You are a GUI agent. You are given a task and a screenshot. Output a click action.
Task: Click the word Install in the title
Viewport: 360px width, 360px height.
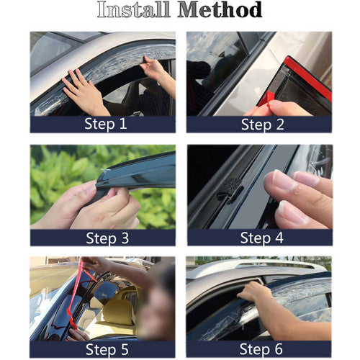[134, 9]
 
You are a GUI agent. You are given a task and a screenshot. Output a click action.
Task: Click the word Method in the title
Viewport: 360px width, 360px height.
[220, 9]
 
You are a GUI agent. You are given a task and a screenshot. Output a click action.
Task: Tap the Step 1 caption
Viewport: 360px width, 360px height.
[106, 124]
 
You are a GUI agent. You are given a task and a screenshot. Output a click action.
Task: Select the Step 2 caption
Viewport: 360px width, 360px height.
[262, 125]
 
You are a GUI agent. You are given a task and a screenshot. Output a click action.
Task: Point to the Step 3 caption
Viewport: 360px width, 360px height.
[107, 238]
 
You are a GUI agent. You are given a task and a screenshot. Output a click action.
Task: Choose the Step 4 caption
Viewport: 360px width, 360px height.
[262, 238]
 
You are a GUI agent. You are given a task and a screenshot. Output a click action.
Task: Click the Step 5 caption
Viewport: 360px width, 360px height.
[107, 349]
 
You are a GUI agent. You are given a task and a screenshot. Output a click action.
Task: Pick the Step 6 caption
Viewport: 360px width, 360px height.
[261, 349]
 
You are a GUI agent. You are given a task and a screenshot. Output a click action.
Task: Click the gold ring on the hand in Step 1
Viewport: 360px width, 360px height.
[79, 85]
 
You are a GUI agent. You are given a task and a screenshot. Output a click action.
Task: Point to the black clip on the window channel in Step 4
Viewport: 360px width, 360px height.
[230, 189]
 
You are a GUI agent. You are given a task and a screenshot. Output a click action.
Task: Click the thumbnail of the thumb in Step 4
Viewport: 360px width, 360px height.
[282, 178]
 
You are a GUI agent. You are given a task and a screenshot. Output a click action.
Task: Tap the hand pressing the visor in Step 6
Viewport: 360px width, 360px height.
[254, 291]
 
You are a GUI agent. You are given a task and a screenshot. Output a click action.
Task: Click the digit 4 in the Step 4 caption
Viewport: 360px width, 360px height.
[279, 238]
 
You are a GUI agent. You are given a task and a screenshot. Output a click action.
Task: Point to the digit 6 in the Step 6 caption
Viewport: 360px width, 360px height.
[279, 349]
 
